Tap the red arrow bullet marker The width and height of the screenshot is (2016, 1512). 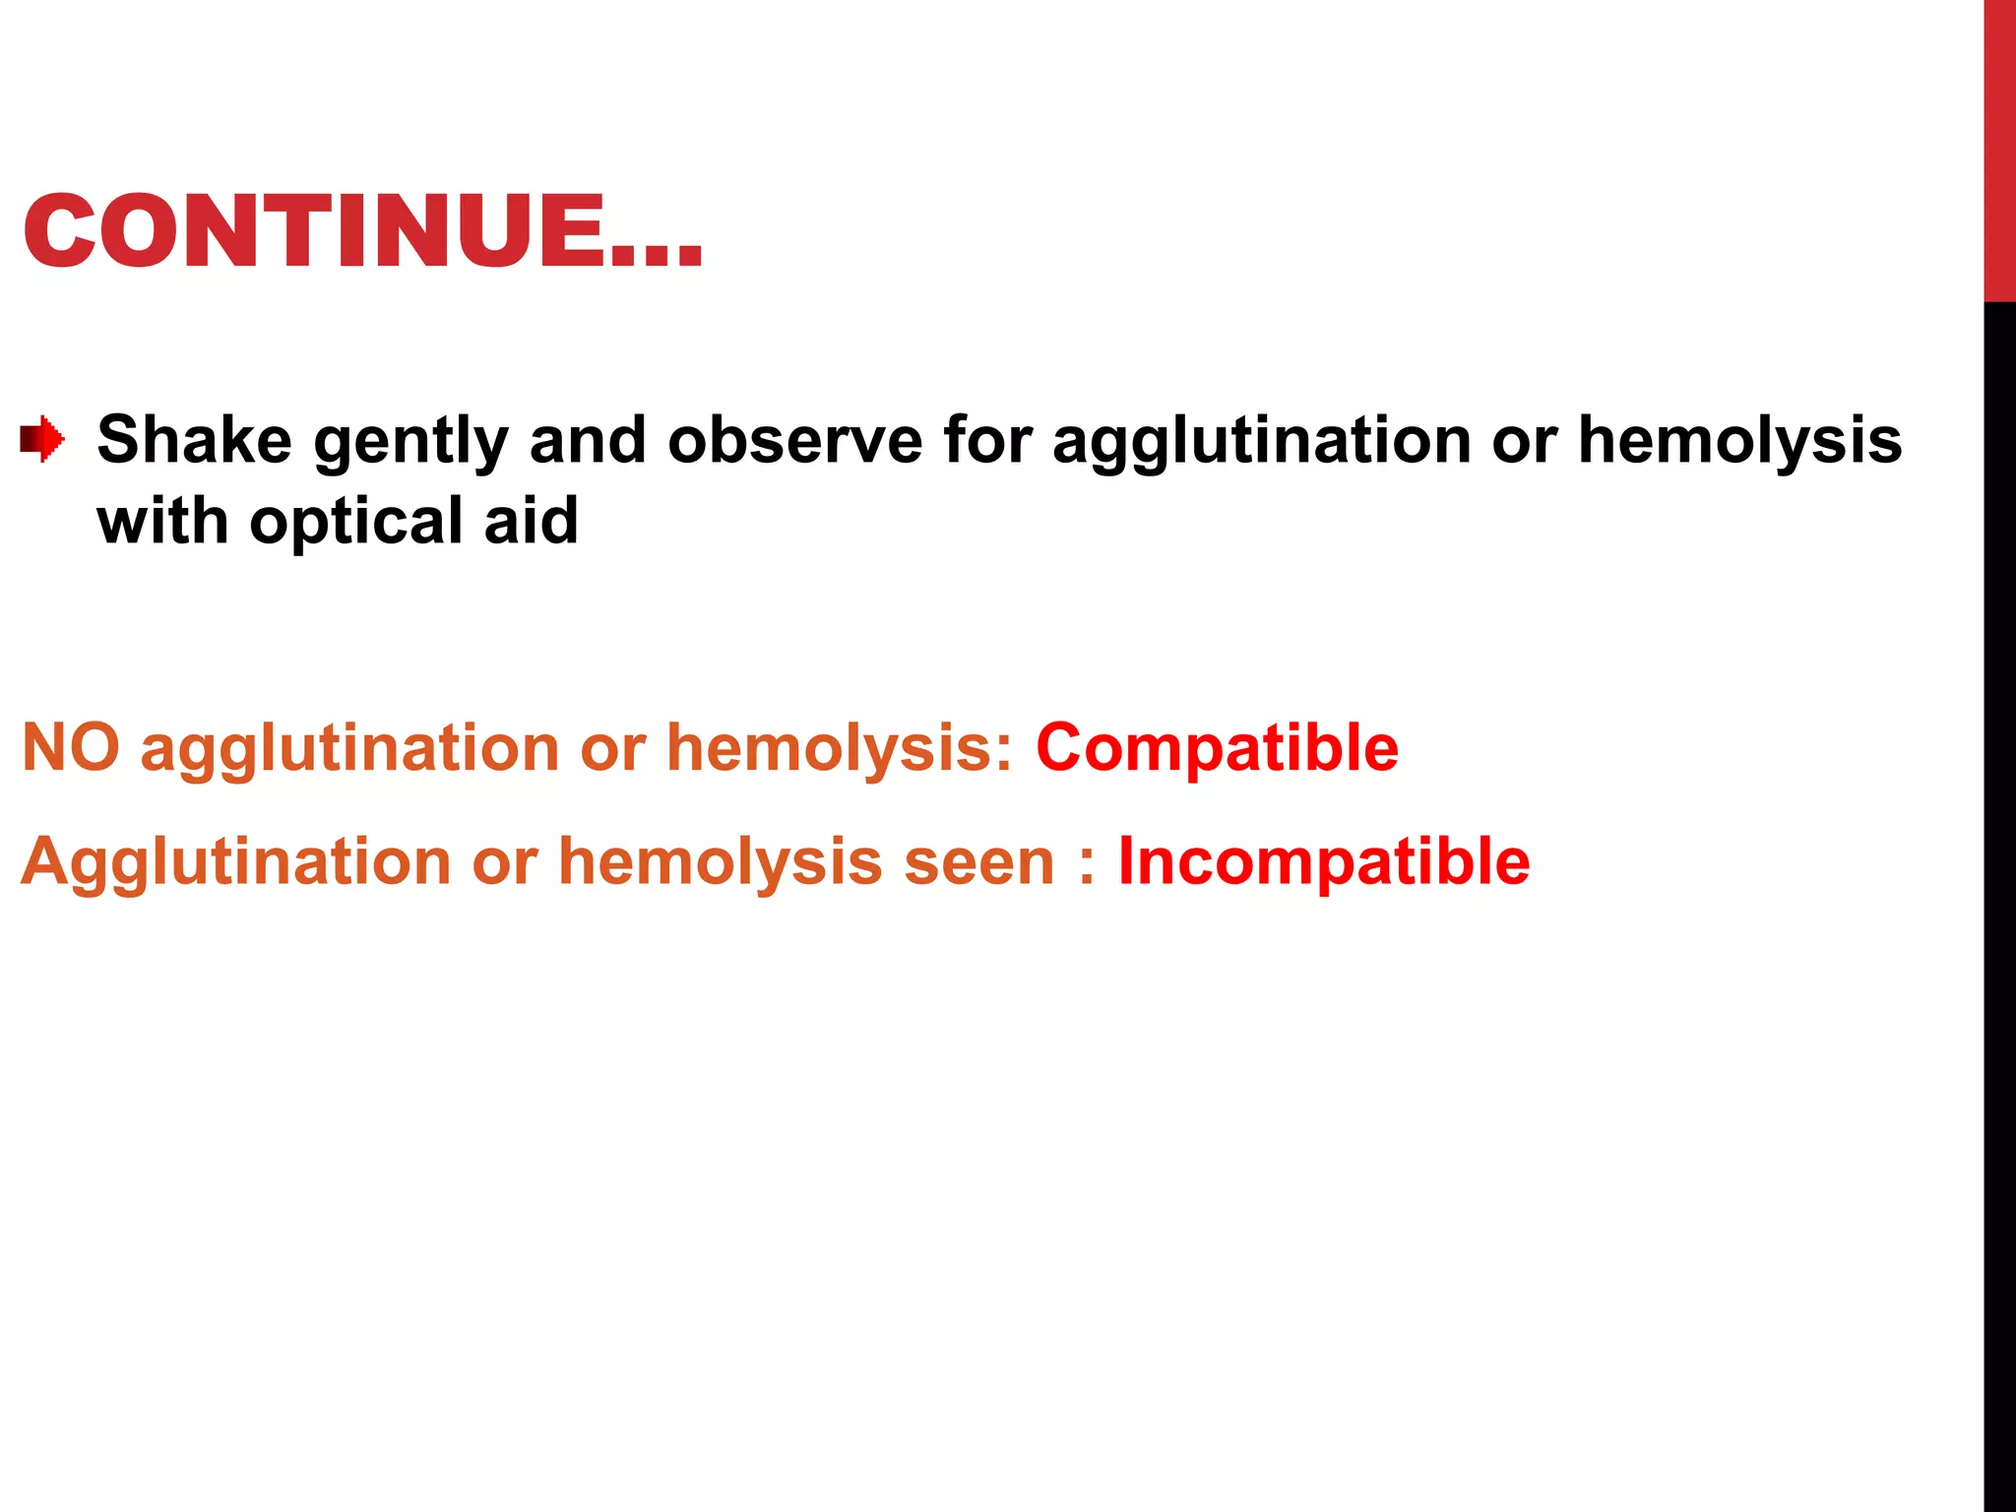click(x=42, y=438)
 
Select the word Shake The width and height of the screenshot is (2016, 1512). click(x=194, y=439)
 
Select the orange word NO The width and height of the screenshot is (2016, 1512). click(x=70, y=747)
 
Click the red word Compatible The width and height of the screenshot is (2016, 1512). click(x=1217, y=747)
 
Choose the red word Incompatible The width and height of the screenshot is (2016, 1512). click(x=1324, y=861)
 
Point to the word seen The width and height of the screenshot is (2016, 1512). click(x=979, y=862)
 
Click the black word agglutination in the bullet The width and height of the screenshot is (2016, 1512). click(x=1261, y=440)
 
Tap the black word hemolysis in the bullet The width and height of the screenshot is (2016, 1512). click(x=1739, y=439)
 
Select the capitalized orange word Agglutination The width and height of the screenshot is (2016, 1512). click(x=235, y=862)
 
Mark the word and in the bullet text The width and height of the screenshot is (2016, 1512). click(x=588, y=439)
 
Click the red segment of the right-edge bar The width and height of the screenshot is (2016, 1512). click(x=1999, y=148)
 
